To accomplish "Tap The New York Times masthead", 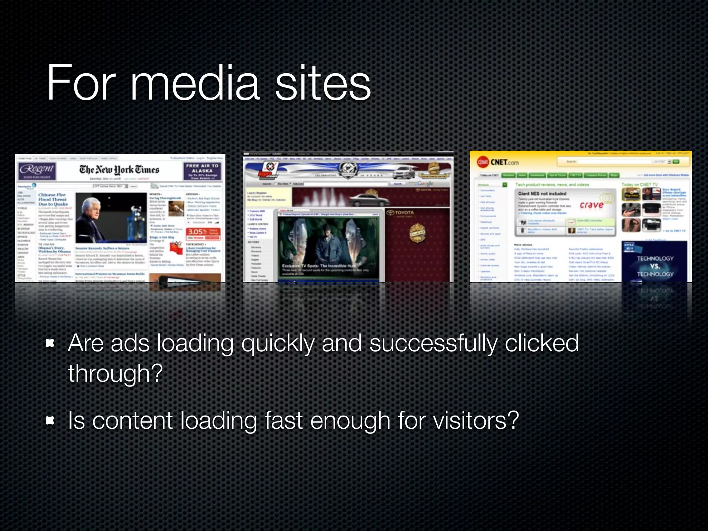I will pyautogui.click(x=119, y=169).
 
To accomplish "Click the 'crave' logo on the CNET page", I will pyautogui.click(x=591, y=205).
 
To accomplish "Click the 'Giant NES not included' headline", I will pyautogui.click(x=542, y=194).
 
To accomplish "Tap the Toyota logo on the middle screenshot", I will pyautogui.click(x=401, y=213).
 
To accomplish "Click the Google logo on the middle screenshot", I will pyautogui.click(x=425, y=183).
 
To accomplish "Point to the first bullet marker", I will pyautogui.click(x=50, y=343).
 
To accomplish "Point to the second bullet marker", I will pyautogui.click(x=50, y=420).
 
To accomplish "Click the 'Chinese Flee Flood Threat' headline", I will pyautogui.click(x=53, y=199).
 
